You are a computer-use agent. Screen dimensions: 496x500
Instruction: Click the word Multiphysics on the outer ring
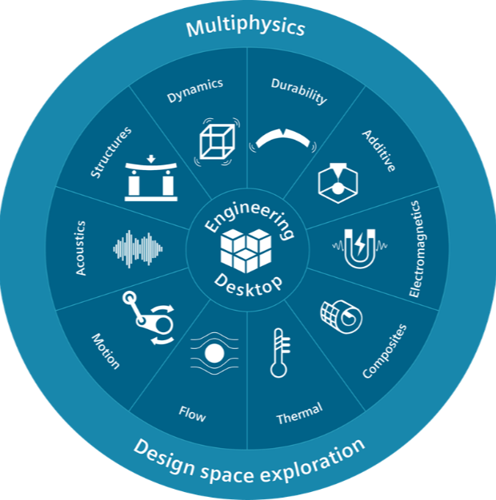(x=246, y=27)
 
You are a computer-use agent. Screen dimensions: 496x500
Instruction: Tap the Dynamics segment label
(x=195, y=90)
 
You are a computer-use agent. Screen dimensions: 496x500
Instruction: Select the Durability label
(x=299, y=91)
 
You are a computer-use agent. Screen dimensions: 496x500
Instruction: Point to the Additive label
(x=379, y=150)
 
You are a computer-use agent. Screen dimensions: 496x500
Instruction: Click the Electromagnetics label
(x=418, y=248)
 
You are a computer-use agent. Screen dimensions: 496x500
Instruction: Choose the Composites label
(x=385, y=351)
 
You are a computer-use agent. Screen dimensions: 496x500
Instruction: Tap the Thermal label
(x=299, y=414)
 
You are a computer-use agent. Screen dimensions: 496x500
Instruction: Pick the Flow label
(x=192, y=414)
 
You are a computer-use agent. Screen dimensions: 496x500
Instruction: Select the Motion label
(x=106, y=351)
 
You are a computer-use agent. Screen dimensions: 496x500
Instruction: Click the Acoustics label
(x=81, y=248)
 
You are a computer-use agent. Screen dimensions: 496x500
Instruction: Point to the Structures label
(x=111, y=152)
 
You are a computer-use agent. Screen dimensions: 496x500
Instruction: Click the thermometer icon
(x=280, y=353)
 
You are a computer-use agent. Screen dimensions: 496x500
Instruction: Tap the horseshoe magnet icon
(x=360, y=248)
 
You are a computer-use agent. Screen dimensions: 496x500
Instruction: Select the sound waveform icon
(x=138, y=248)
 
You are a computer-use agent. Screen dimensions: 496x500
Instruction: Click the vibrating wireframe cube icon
(x=217, y=142)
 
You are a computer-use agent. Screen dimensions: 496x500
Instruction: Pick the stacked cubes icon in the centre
(x=246, y=251)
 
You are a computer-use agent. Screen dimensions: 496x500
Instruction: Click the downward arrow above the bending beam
(x=151, y=159)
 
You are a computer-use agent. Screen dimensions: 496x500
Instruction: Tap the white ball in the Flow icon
(x=214, y=353)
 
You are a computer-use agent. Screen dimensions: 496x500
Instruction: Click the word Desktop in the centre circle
(x=248, y=286)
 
